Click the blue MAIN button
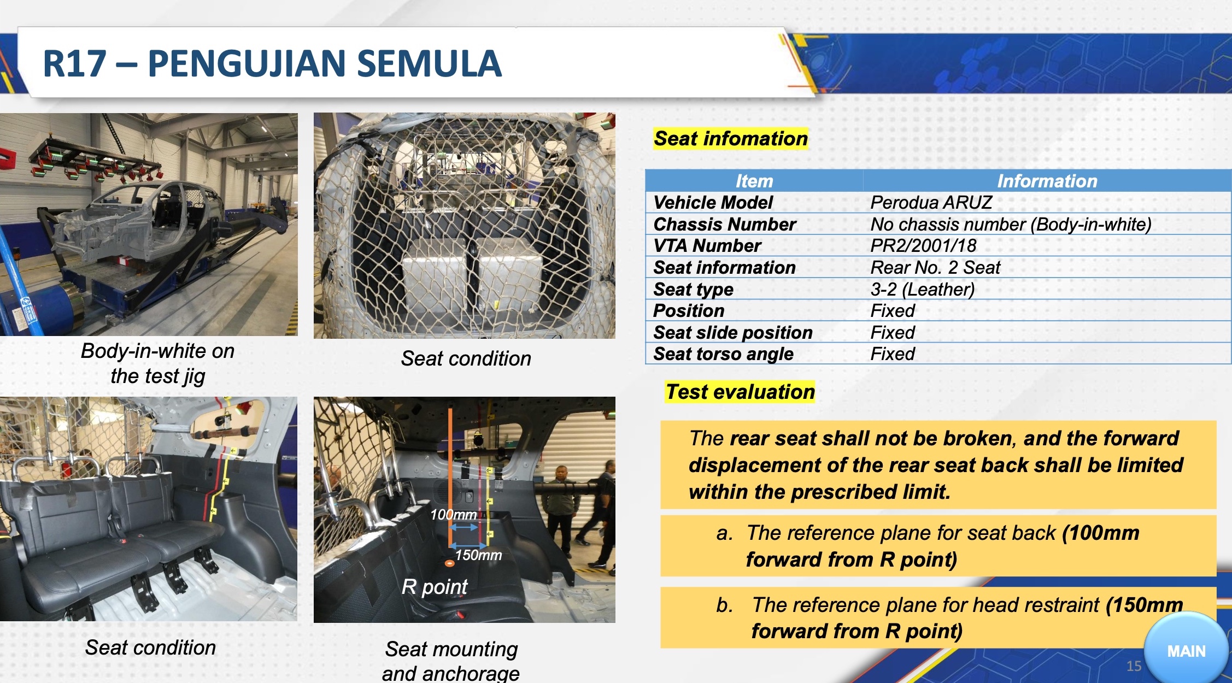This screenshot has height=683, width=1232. coord(1186,650)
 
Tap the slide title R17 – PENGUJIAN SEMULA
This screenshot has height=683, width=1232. coord(272,63)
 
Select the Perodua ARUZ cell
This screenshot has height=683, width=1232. coord(931,203)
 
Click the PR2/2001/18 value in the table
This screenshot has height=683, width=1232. coord(923,246)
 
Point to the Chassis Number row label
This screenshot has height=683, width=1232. coord(724,225)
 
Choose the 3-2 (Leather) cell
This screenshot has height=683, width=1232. coord(923,289)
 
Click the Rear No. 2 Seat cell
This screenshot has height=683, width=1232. coord(935,268)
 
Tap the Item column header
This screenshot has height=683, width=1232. coord(754,181)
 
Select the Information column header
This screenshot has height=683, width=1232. coord(1047,181)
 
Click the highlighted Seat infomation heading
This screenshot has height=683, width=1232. coord(731,139)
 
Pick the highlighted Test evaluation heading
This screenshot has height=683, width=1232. coord(740,392)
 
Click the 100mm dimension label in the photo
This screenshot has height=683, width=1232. coord(453,515)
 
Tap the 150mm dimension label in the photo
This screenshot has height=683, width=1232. coord(478,555)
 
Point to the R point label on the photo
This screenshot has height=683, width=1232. coord(435,587)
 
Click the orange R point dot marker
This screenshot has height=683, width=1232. coord(449,563)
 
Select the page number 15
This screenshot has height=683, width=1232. coord(1134,666)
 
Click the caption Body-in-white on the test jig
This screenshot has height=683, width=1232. coord(157,363)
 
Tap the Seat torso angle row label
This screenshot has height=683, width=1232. coord(723,354)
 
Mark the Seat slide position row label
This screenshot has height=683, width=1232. coord(733,333)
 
